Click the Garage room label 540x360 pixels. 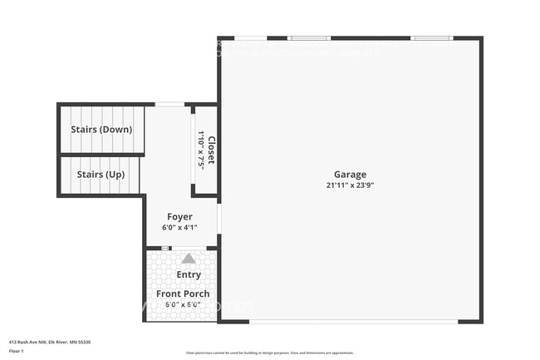pyautogui.click(x=350, y=175)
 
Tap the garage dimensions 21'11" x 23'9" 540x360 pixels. pyautogui.click(x=350, y=185)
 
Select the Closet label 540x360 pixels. pyautogui.click(x=211, y=150)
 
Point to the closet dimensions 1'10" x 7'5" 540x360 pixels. pyautogui.click(x=200, y=150)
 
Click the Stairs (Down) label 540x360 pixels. pyautogui.click(x=100, y=130)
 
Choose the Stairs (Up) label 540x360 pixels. pyautogui.click(x=101, y=175)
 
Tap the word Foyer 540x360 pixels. pyautogui.click(x=179, y=216)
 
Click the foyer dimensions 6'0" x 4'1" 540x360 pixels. pyautogui.click(x=179, y=227)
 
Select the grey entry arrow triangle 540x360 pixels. pyautogui.click(x=189, y=259)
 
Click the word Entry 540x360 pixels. pyautogui.click(x=189, y=275)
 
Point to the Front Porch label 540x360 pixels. pyautogui.click(x=183, y=293)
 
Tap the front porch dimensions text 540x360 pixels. pyautogui.click(x=183, y=304)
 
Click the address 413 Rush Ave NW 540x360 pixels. pyautogui.click(x=49, y=342)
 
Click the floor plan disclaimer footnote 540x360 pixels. pyautogui.click(x=270, y=353)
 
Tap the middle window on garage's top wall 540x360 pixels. pyautogui.click(x=309, y=37)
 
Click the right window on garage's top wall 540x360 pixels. pyautogui.click(x=431, y=37)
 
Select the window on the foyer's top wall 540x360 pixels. pyautogui.click(x=169, y=104)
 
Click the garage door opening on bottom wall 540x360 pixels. pyautogui.click(x=353, y=322)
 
